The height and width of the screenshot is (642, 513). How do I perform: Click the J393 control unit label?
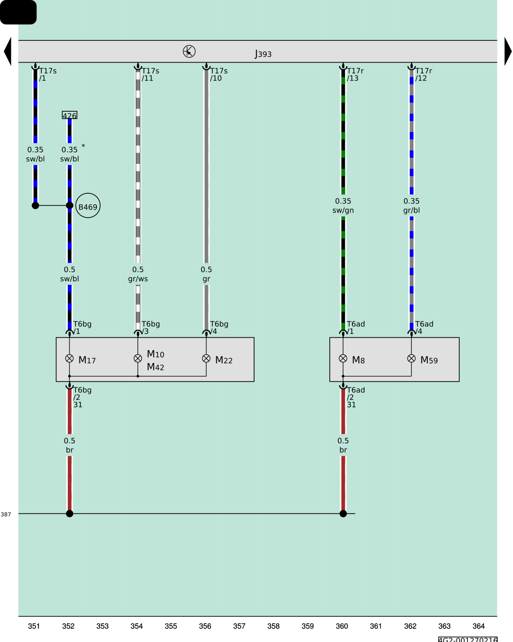[x=263, y=54]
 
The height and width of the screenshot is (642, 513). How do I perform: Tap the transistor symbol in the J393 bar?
[x=189, y=51]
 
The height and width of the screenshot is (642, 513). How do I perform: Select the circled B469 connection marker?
[x=88, y=206]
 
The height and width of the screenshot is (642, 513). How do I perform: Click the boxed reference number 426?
[x=70, y=115]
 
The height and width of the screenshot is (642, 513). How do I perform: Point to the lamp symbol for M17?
[x=70, y=358]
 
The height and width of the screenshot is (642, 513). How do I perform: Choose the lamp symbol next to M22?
[x=206, y=358]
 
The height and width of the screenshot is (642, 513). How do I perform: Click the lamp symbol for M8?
[x=343, y=358]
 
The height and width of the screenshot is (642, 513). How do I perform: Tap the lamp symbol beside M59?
[x=411, y=358]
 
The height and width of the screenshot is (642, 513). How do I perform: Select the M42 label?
[x=156, y=367]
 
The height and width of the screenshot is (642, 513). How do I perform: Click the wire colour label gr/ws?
[x=138, y=279]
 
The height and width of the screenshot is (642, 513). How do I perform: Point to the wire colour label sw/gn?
[x=343, y=210]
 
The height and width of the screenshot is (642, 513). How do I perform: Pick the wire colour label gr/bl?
[x=411, y=210]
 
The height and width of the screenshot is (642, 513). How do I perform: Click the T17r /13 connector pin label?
[x=355, y=75]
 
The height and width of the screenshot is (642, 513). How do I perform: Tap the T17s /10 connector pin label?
[x=218, y=75]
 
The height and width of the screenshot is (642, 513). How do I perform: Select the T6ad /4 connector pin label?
[x=424, y=328]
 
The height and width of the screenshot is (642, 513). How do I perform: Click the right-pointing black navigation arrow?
[x=508, y=51]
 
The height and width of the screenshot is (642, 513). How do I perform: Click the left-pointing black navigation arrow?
[x=8, y=51]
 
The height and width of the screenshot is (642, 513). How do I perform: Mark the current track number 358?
[x=273, y=626]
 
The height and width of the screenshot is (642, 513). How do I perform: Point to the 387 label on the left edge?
[x=6, y=514]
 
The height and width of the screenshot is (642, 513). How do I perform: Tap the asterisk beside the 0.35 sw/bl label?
[x=83, y=146]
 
